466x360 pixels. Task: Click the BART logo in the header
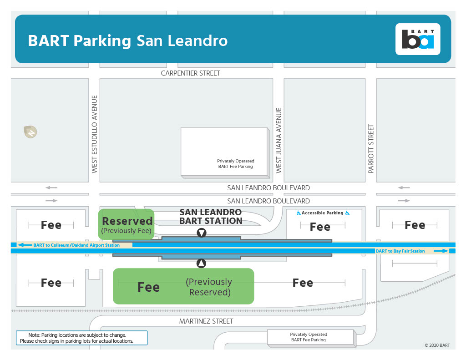(x=418, y=39)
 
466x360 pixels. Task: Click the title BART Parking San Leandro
(x=128, y=41)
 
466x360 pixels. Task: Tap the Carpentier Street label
(x=191, y=73)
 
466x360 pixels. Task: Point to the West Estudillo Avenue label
(x=95, y=134)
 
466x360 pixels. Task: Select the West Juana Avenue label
(x=279, y=140)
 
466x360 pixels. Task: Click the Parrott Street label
(x=371, y=149)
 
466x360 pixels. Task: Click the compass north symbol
(x=30, y=132)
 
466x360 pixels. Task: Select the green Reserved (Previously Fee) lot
(x=127, y=223)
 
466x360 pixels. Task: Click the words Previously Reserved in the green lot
(x=209, y=287)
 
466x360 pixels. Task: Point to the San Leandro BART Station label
(x=211, y=217)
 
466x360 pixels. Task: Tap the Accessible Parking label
(x=323, y=213)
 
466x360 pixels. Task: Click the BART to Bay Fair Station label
(x=400, y=251)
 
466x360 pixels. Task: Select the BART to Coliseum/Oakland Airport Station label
(x=76, y=245)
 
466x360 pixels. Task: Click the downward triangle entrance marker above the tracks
(x=202, y=233)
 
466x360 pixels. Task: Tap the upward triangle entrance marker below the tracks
(x=202, y=263)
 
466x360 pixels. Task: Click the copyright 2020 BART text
(x=437, y=345)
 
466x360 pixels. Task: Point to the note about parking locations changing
(x=82, y=338)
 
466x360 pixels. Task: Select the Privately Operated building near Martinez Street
(x=309, y=337)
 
